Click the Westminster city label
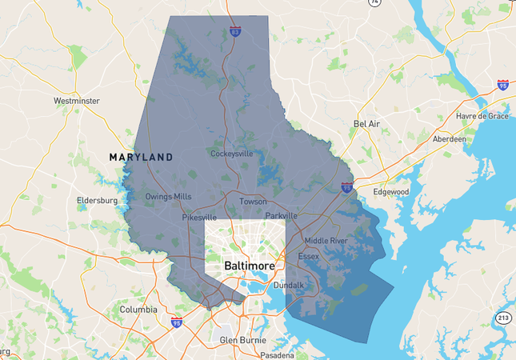point(76,101)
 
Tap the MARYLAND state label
point(142,158)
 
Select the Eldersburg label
point(97,200)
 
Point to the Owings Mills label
point(168,196)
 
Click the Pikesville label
point(199,217)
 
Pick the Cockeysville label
point(231,153)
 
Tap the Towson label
point(253,202)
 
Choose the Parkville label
point(282,215)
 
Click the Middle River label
point(326,240)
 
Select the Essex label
point(308,256)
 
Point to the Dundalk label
point(289,285)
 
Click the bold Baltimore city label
point(250,266)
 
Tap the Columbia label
point(138,309)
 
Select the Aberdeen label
point(449,138)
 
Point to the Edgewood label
point(390,192)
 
